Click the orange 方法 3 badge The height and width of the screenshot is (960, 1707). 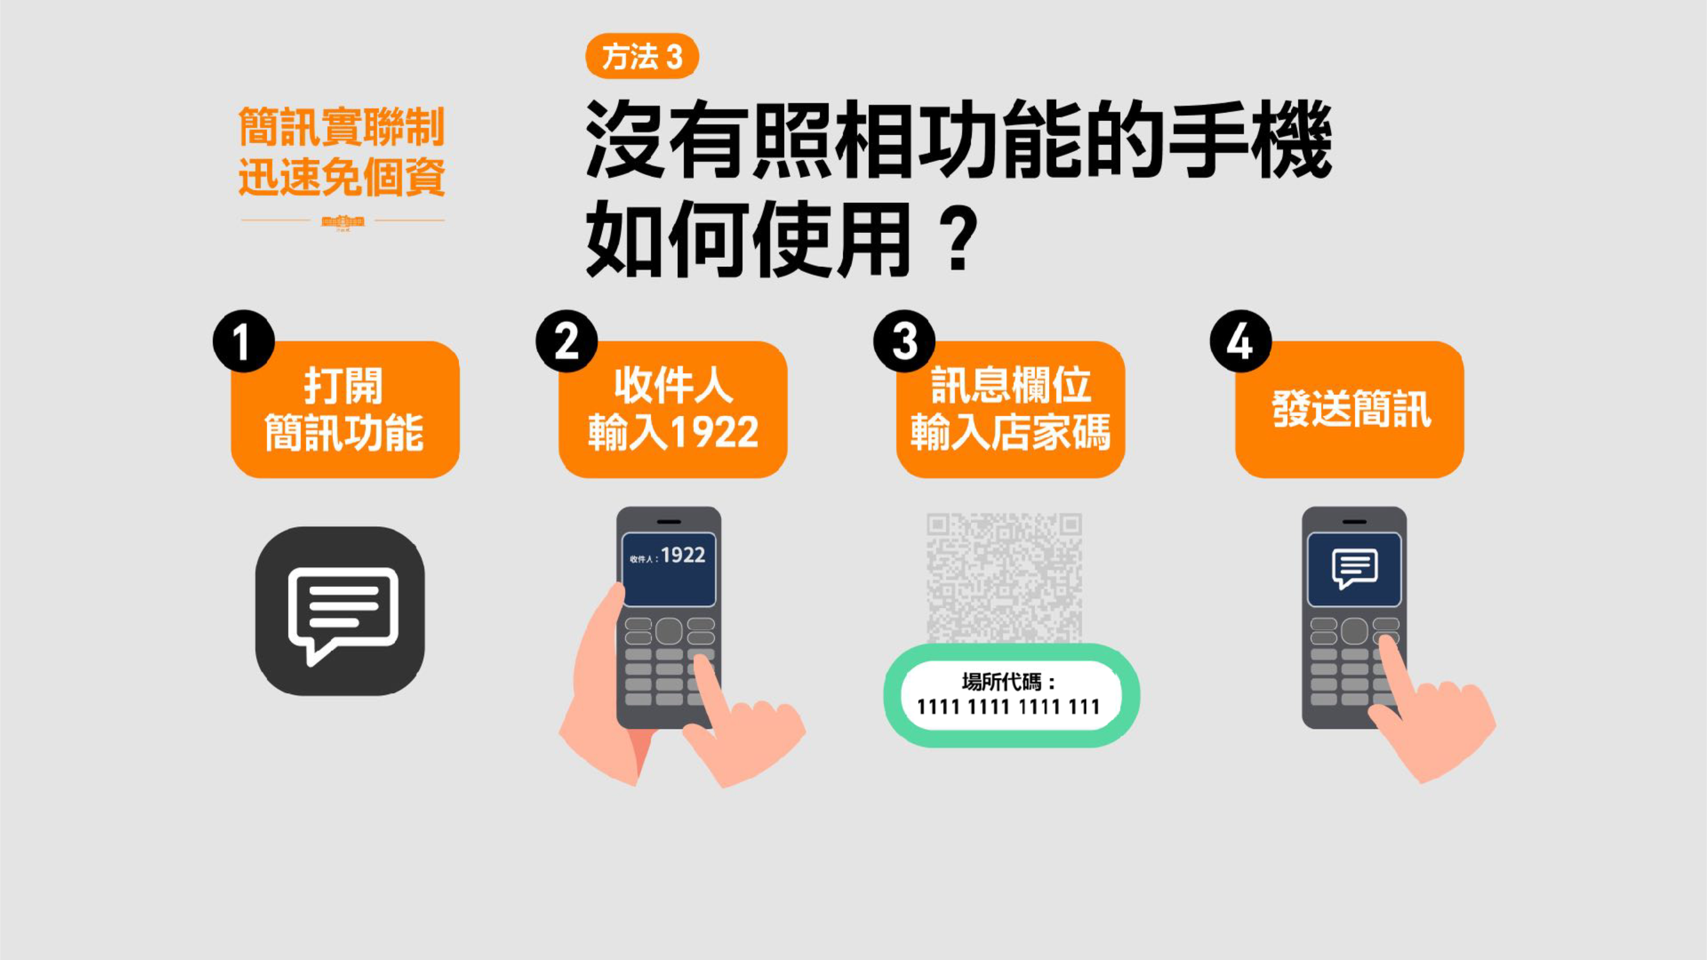[x=641, y=56]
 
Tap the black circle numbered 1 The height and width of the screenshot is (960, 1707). [x=243, y=341]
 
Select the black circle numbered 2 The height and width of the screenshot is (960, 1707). [x=567, y=341]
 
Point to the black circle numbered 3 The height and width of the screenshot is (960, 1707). [x=904, y=341]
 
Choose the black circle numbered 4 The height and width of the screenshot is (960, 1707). [x=1241, y=341]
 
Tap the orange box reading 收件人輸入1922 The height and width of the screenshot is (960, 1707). [x=673, y=409]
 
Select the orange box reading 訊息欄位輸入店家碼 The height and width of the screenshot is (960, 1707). [x=1011, y=409]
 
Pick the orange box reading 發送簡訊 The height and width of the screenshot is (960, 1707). [x=1349, y=409]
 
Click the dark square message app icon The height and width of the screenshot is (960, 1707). [x=340, y=611]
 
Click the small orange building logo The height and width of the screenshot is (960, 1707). [x=343, y=222]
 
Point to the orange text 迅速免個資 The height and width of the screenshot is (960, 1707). [x=341, y=177]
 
